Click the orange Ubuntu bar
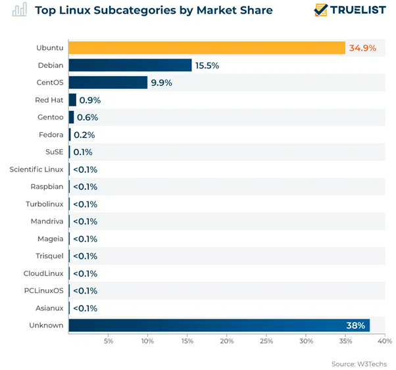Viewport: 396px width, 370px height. pos(207,48)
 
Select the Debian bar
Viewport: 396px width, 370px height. pos(130,65)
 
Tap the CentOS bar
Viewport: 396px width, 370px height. pos(108,83)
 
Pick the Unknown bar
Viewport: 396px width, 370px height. pos(218,325)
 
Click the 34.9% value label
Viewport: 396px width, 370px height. pos(363,48)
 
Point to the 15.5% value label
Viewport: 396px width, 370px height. pos(207,66)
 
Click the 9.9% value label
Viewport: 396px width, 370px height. pos(161,83)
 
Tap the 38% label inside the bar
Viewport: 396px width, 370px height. pos(356,325)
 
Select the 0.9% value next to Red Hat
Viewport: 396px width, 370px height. pos(89,101)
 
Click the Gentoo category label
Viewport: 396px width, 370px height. pos(50,117)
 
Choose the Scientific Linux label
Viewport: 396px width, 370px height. pos(36,170)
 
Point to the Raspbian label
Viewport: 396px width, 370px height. pos(46,187)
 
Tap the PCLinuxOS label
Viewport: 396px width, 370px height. pos(43,290)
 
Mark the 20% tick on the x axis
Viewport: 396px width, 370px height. pos(227,341)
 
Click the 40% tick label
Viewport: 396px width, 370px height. pos(385,341)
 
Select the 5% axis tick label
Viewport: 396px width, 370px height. pos(109,341)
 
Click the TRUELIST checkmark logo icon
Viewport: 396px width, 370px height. pos(321,11)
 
